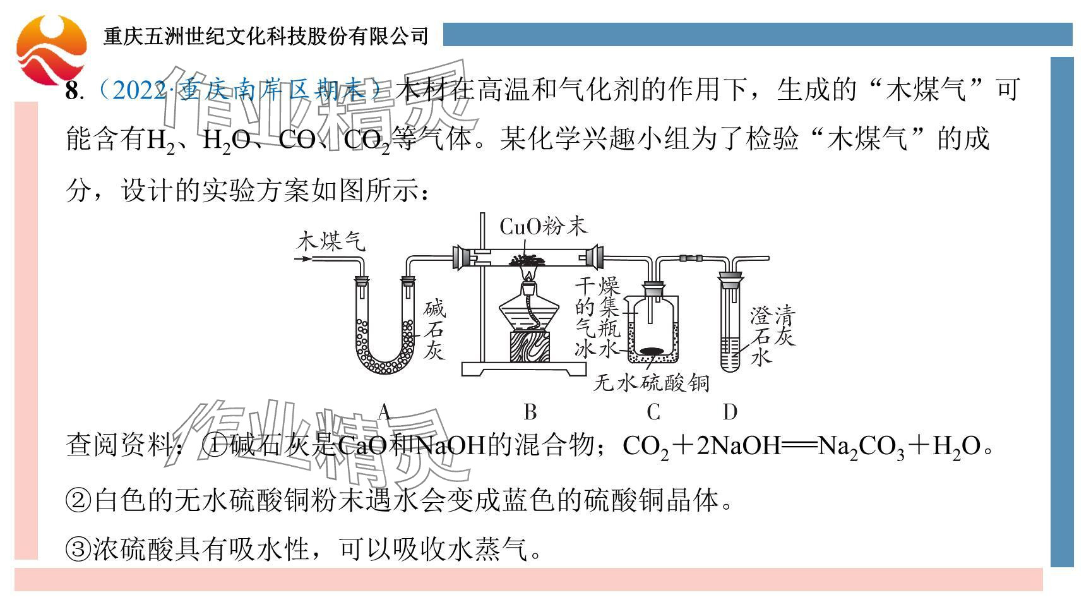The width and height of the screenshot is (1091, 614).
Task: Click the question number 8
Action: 72,91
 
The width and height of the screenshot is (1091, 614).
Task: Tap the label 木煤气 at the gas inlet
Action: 331,241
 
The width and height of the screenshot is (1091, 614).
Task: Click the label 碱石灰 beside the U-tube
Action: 434,330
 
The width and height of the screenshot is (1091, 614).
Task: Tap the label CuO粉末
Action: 544,226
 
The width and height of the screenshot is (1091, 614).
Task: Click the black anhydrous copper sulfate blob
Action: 652,351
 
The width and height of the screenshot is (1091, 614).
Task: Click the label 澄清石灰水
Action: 772,335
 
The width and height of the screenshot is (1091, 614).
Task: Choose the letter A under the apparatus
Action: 384,412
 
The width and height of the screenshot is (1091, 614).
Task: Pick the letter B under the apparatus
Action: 530,412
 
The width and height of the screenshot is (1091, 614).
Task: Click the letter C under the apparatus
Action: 653,412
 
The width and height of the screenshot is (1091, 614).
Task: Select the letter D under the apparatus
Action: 730,412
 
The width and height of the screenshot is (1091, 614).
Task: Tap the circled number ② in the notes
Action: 79,501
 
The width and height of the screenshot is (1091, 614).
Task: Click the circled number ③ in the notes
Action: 79,549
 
